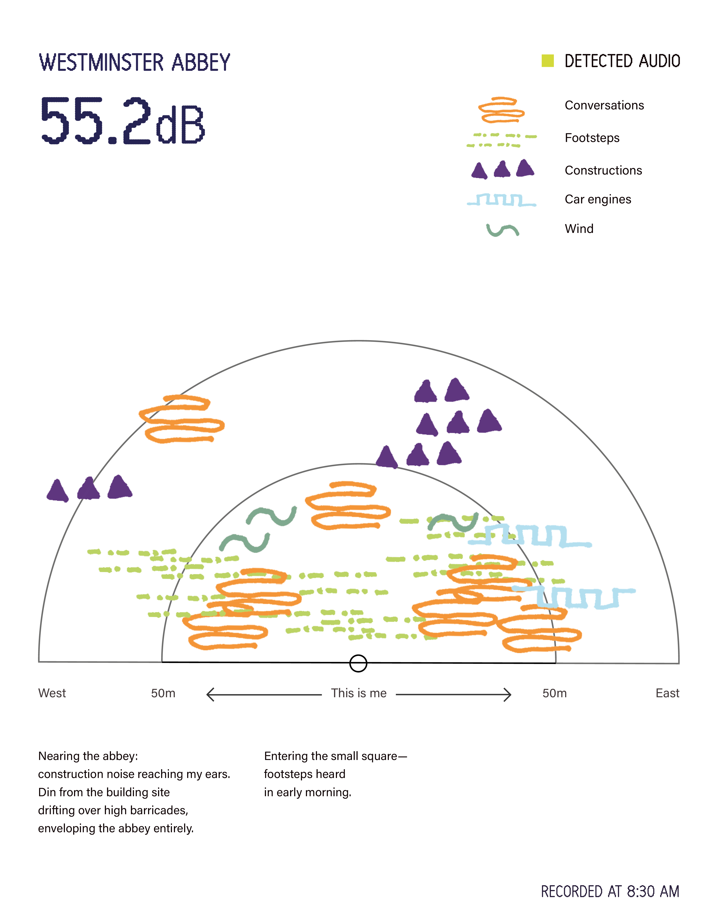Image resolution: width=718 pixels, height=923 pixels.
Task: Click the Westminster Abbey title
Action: [134, 63]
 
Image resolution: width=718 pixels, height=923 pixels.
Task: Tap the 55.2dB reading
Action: [122, 120]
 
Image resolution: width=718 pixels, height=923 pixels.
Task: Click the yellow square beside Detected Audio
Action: [548, 61]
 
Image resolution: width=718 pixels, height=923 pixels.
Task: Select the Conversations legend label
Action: [604, 105]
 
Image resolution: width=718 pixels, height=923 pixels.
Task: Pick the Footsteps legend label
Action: [592, 138]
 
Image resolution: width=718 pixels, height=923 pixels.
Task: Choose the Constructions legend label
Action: [604, 170]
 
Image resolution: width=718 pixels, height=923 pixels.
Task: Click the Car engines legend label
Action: [598, 199]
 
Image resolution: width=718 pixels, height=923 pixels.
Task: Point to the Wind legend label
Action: [579, 229]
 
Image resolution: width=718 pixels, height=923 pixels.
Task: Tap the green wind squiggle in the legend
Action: [502, 230]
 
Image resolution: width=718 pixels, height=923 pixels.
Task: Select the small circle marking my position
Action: [358, 663]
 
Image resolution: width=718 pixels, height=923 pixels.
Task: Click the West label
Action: [52, 693]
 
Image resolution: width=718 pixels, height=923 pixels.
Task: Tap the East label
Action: [667, 693]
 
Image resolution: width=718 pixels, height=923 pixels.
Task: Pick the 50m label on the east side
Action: [555, 693]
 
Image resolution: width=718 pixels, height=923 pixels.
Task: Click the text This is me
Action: [359, 693]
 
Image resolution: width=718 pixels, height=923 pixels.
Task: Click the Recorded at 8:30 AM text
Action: [610, 891]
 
